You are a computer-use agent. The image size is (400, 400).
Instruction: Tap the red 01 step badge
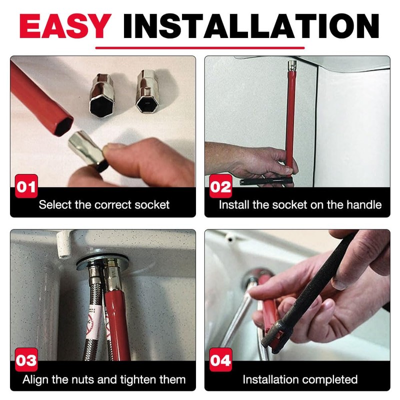[x=26, y=187]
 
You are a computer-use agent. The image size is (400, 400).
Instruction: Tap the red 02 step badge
[x=220, y=187]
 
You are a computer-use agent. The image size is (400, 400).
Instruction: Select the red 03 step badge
[x=26, y=360]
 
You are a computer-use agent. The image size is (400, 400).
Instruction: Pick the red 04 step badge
[x=220, y=360]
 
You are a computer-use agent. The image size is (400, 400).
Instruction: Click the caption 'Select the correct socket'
[x=104, y=204]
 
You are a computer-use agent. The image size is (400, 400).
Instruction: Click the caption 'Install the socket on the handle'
[x=300, y=204]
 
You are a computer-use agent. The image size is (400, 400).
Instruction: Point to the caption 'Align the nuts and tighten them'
[x=104, y=379]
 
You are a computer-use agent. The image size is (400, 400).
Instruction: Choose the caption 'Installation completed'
[x=300, y=379]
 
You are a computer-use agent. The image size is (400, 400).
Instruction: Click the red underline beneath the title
[x=200, y=48]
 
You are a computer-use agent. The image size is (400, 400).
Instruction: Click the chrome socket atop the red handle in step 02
[x=291, y=66]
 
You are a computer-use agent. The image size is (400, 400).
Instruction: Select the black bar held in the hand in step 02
[x=266, y=181]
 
